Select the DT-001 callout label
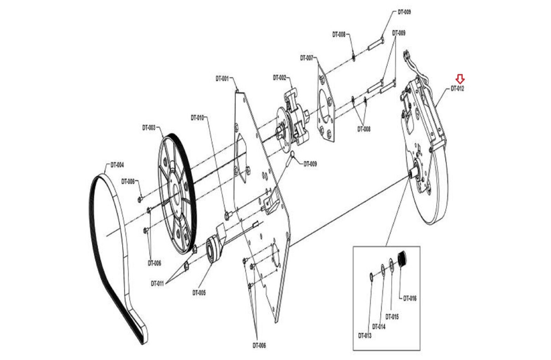[222, 79]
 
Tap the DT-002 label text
[279, 78]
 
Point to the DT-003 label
[149, 128]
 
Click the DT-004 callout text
[117, 165]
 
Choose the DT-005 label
[199, 293]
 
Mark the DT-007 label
[306, 58]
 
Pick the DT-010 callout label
[197, 118]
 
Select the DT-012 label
[457, 89]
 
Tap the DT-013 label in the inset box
[365, 336]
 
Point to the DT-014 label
[379, 327]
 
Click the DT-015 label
[392, 317]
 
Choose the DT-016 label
[410, 298]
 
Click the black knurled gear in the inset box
[403, 258]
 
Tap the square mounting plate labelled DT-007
[326, 103]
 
